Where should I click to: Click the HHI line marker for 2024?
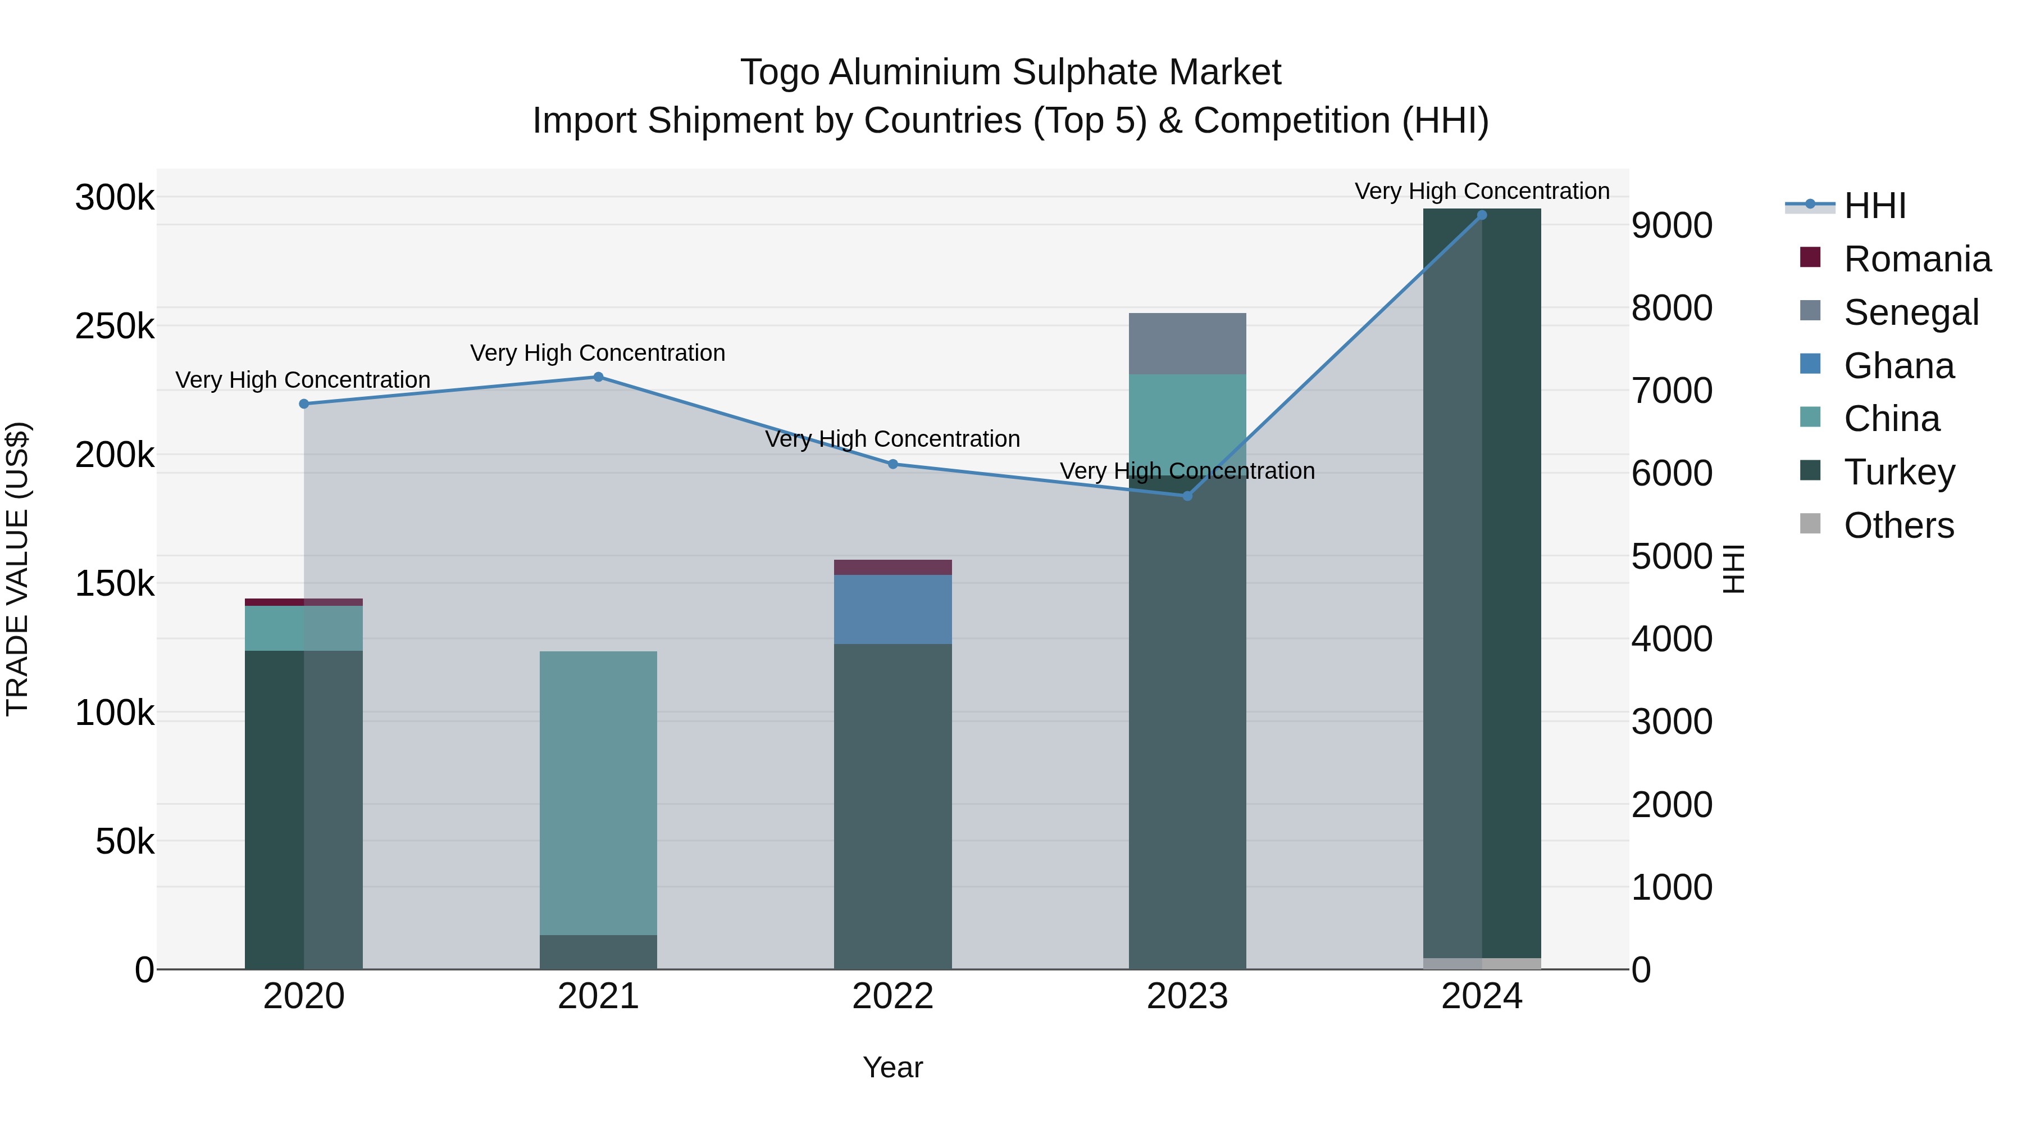[1481, 215]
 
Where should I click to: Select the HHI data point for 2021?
[598, 377]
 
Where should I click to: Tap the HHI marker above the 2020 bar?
[304, 403]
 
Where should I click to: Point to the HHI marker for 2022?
[892, 464]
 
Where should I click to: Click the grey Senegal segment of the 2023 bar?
[1187, 343]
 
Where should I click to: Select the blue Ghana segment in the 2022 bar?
[892, 609]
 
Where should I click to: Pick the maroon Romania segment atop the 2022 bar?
[892, 567]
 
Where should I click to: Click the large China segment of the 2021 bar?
[598, 793]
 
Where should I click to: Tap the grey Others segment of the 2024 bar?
[1481, 964]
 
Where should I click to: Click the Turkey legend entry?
[1899, 472]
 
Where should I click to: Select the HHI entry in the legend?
[1874, 206]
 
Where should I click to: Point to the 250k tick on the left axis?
[115, 326]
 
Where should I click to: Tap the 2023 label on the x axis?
[1187, 996]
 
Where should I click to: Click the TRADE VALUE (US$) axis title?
[17, 569]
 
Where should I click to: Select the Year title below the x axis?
[892, 1067]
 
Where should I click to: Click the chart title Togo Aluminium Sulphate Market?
[1010, 72]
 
